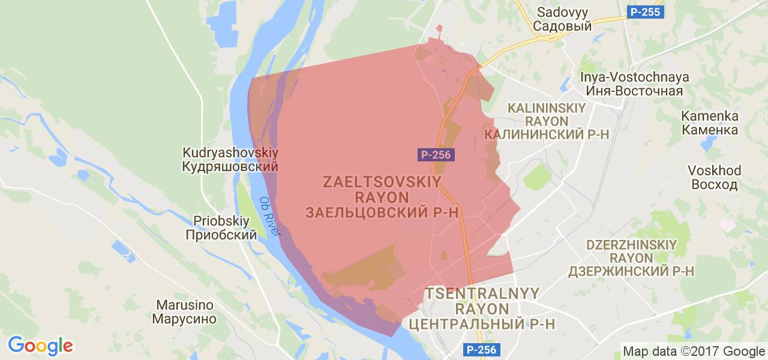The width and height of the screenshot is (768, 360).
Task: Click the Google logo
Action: [x=40, y=346]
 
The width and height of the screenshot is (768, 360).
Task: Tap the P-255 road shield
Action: [x=644, y=11]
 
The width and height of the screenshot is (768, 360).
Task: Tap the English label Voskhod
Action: [x=715, y=170]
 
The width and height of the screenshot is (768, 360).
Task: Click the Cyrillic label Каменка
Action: [x=710, y=130]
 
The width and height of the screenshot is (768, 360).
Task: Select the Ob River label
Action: [x=270, y=216]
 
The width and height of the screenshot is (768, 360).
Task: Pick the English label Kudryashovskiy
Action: [x=230, y=152]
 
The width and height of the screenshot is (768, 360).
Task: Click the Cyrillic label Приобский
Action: [x=221, y=235]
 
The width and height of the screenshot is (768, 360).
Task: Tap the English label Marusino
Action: [x=184, y=305]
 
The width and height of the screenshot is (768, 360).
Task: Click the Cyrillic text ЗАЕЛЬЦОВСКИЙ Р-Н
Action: [x=382, y=212]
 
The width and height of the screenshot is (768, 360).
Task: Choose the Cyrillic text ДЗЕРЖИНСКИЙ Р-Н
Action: [x=631, y=271]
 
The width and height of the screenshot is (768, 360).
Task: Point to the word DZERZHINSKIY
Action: [x=631, y=245]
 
